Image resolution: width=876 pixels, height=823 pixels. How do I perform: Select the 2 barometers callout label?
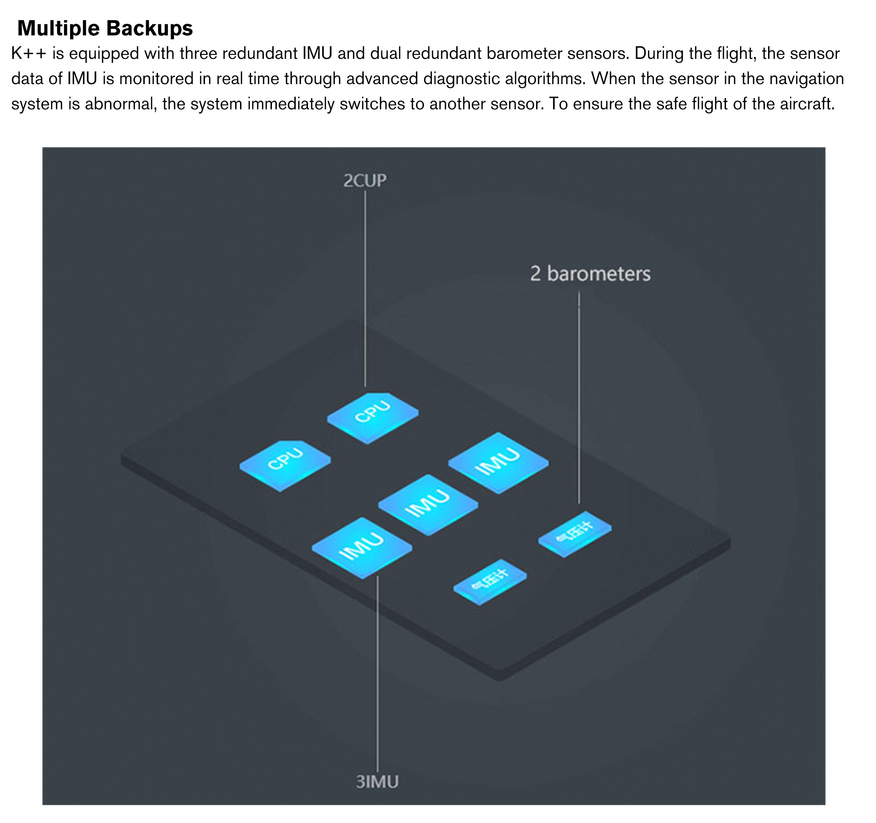pyautogui.click(x=590, y=274)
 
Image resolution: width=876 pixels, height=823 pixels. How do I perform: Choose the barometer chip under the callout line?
pyautogui.click(x=575, y=532)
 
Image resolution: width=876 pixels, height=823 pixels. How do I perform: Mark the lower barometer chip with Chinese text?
pyautogui.click(x=490, y=581)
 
